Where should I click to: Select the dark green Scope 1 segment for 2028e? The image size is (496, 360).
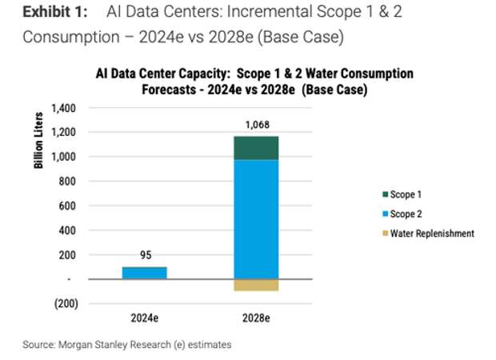point(256,148)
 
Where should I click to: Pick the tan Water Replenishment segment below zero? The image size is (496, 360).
point(256,285)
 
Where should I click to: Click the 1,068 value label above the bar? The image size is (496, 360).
point(256,125)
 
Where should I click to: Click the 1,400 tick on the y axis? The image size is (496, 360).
point(64,108)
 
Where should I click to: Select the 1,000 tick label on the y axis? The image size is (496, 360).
point(64,157)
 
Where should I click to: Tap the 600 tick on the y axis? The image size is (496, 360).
point(69,206)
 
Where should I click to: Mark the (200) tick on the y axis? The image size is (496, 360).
point(66,303)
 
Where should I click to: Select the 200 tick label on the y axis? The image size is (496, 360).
point(69,254)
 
